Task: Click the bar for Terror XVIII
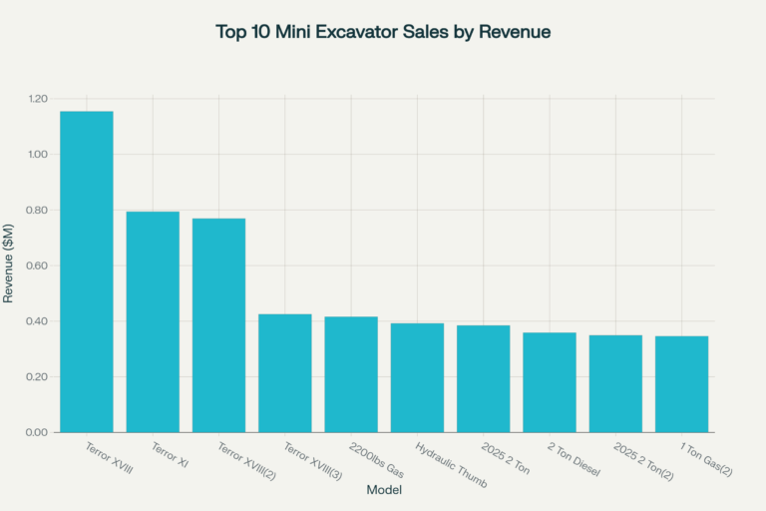point(87,271)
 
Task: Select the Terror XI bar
point(153,321)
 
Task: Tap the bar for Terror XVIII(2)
point(218,325)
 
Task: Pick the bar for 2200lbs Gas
point(351,374)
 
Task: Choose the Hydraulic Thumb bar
point(417,377)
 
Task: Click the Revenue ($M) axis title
point(9,265)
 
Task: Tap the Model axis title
point(384,490)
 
